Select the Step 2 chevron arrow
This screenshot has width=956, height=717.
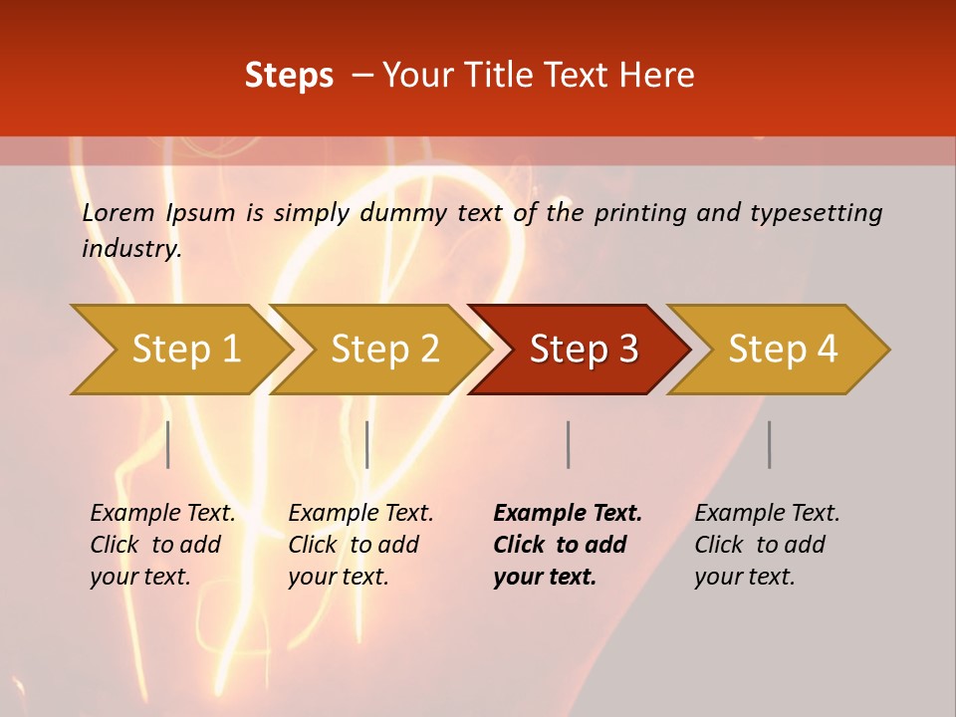[384, 350]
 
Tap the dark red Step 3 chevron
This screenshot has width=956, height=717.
[584, 350]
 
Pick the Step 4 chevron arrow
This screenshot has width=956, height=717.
[783, 350]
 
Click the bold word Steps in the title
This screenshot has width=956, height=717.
[289, 76]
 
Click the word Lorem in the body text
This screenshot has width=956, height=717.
[118, 213]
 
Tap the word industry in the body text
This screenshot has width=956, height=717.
[131, 249]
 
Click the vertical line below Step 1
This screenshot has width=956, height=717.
[168, 444]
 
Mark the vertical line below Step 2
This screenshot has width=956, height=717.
[367, 444]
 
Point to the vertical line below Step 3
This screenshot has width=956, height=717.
[568, 444]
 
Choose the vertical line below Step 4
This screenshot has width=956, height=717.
[769, 444]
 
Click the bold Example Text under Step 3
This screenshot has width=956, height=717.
[568, 514]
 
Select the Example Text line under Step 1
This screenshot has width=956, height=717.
[162, 514]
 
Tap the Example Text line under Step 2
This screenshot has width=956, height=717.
[360, 514]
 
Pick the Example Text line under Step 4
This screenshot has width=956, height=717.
[767, 514]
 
